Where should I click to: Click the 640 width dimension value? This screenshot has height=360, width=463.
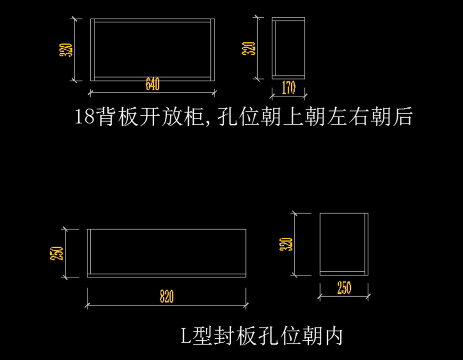(152, 85)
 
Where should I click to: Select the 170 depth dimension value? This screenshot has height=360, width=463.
(289, 88)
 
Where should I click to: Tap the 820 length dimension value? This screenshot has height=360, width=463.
(167, 296)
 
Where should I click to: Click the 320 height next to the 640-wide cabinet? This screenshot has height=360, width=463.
(66, 50)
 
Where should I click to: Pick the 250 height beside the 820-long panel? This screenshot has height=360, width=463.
(58, 253)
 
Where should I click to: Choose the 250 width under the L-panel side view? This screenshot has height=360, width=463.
(344, 288)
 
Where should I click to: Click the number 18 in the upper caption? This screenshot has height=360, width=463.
(84, 117)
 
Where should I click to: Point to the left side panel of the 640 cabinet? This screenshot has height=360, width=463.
(93, 49)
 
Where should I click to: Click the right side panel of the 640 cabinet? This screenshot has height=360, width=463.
(213, 49)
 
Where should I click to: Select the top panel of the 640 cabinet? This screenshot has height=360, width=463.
(153, 20)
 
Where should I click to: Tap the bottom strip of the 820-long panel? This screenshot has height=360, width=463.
(167, 275)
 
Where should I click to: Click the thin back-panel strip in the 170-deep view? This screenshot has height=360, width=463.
(274, 48)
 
